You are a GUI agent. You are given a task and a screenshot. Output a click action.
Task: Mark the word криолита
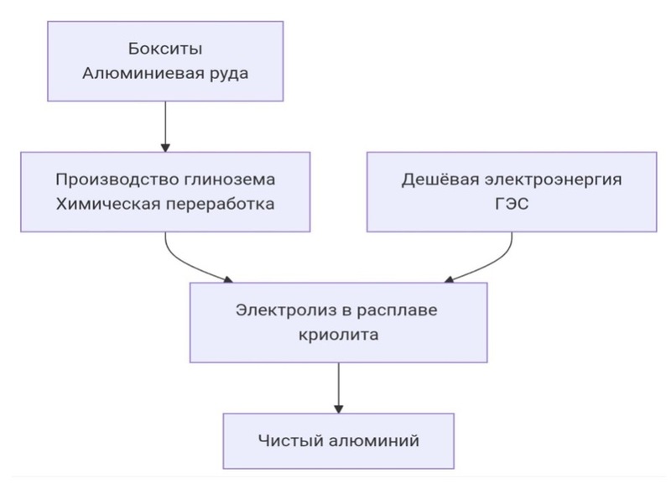pos(337,335)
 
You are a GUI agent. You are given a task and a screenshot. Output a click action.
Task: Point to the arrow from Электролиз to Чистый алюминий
pos(337,386)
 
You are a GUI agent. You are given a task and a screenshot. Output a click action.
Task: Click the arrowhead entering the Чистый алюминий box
pos(337,408)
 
